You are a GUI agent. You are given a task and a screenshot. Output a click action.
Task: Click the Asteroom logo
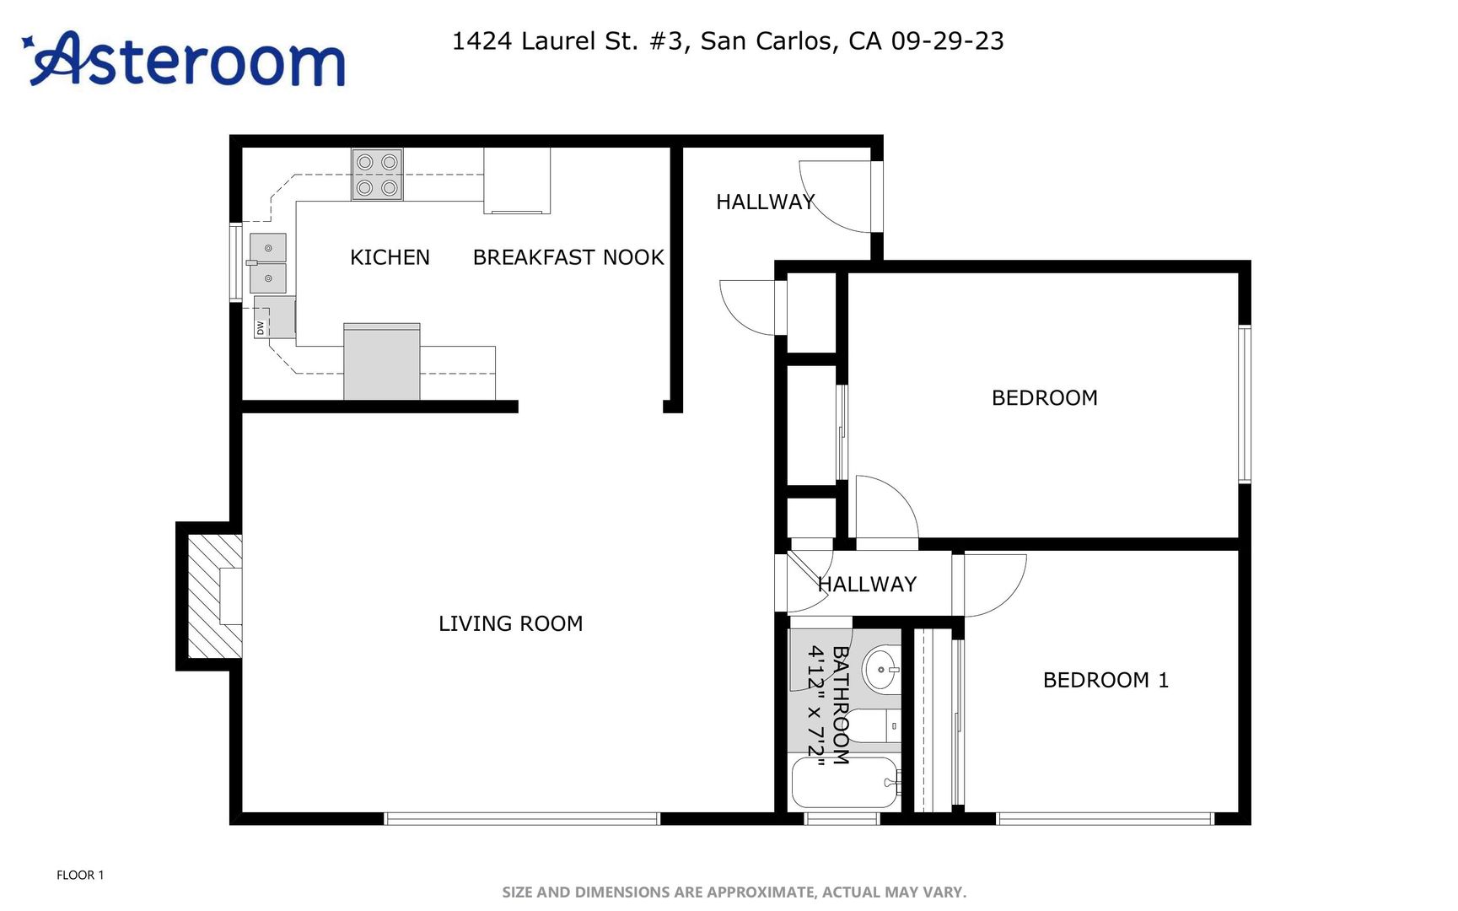[183, 59]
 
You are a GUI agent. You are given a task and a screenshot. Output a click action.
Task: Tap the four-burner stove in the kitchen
[377, 175]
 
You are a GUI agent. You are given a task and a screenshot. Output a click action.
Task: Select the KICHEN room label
[390, 257]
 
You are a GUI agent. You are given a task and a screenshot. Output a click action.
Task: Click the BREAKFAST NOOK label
[568, 257]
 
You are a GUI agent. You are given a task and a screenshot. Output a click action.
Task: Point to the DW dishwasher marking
[261, 327]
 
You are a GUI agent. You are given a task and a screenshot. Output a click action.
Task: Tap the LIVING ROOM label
[511, 623]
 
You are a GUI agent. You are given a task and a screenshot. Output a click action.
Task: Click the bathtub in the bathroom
[846, 783]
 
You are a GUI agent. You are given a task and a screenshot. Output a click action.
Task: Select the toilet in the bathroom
[874, 725]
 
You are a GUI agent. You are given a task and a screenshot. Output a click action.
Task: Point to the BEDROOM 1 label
[1106, 680]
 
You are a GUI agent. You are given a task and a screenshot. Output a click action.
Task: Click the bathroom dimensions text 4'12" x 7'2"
[815, 701]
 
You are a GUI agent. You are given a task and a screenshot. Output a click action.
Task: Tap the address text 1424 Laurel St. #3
[567, 41]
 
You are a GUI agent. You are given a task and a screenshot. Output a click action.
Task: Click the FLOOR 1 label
[80, 875]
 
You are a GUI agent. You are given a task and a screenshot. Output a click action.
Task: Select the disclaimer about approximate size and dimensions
[734, 892]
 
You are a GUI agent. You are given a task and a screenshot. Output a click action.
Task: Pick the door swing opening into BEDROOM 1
[995, 585]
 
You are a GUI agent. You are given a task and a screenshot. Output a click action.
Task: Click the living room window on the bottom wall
[522, 818]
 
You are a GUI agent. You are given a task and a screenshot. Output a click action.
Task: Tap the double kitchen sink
[268, 263]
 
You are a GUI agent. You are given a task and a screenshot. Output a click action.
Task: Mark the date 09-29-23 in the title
[948, 41]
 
